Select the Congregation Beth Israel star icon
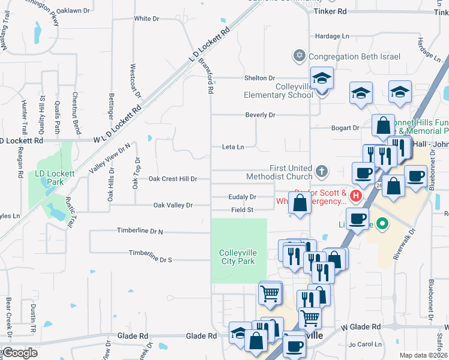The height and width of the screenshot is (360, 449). click(x=299, y=56)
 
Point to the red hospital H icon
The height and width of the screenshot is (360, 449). click(x=356, y=196)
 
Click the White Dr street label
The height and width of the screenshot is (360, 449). click(x=146, y=19)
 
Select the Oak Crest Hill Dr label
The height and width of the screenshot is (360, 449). click(x=173, y=179)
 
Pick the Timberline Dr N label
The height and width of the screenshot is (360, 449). click(x=140, y=231)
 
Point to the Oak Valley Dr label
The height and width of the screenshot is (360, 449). click(x=173, y=205)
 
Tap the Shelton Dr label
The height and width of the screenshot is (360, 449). click(x=259, y=78)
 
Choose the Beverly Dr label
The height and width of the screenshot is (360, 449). click(x=260, y=115)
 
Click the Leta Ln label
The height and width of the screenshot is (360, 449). click(x=233, y=146)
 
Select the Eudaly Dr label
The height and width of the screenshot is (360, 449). click(x=242, y=197)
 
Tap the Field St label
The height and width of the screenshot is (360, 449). click(x=243, y=210)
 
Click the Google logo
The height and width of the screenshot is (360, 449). click(x=20, y=352)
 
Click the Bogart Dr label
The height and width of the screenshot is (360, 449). click(x=345, y=128)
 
